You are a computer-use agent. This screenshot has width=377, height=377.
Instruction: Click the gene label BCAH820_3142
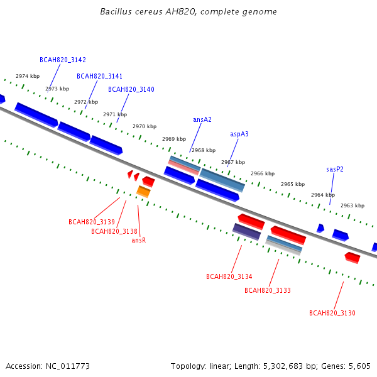pos(63,60)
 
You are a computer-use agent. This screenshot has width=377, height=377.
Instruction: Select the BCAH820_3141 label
pos(99,76)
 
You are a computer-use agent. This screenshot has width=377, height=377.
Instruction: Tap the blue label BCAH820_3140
pos(131,89)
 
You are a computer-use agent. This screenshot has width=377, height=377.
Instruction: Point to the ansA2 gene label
pos(202,119)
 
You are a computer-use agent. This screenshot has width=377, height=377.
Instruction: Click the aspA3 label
pos(239,134)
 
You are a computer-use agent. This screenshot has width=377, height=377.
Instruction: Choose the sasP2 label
pos(335,169)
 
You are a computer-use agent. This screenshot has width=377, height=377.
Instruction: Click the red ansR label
pos(139,240)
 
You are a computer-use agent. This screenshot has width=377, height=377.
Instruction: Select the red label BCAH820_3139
pos(92,222)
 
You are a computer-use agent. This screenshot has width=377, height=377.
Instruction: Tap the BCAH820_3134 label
pos(229,276)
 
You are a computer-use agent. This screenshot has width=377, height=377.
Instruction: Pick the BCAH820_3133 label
pos(268,290)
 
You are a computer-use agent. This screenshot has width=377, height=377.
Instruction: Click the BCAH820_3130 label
pos(332,313)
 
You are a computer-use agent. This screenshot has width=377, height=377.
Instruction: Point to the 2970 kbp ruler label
pos(145,126)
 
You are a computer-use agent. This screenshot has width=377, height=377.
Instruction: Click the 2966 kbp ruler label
pos(263,173)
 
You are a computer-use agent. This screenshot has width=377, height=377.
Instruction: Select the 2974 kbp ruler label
pos(28,76)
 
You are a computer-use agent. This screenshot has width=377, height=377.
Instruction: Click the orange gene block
pos(143,192)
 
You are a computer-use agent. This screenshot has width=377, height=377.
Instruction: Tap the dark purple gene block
pos(246,232)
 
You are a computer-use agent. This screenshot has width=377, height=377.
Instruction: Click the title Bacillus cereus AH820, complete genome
pos(188,11)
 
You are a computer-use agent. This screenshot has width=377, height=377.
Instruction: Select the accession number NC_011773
pos(68,366)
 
